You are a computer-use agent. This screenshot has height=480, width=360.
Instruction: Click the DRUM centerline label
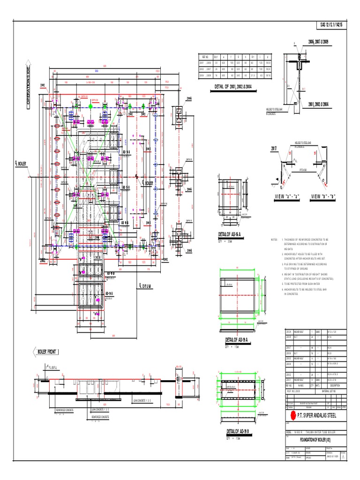[x=148, y=285]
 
